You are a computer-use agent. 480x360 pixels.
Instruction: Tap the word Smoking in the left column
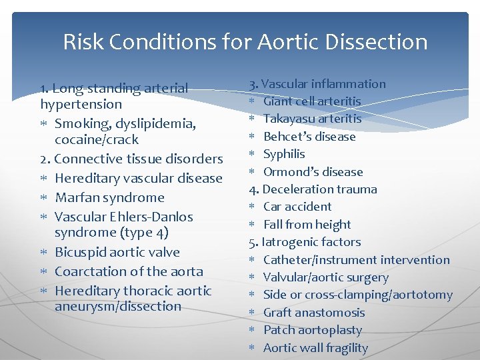point(82,123)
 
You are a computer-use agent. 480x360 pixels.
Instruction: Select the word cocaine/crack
point(97,139)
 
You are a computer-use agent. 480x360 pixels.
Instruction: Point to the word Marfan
point(77,197)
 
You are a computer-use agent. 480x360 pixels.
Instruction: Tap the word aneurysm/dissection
point(118,307)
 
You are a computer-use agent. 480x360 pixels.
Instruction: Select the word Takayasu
point(289,119)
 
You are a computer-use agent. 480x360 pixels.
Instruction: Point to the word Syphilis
point(284,154)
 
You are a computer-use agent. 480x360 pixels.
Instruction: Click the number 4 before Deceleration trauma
point(252,189)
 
